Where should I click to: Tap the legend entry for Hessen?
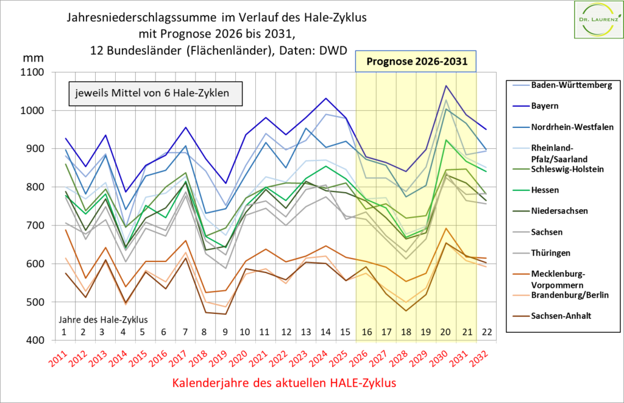[x=544, y=190]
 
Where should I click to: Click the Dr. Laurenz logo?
[x=597, y=19]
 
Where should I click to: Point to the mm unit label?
[x=29, y=58]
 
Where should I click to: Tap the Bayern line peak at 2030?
[x=446, y=86]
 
